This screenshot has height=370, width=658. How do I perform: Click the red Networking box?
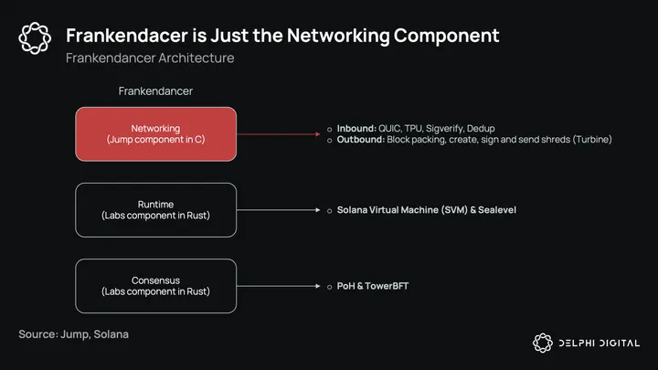coord(156,134)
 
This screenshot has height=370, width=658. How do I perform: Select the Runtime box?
coord(156,210)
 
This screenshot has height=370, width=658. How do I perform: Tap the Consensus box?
coord(156,286)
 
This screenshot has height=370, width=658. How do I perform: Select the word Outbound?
coord(361,140)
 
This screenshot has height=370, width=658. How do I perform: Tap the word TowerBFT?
coord(387,286)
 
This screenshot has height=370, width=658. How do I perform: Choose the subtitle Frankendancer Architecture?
coord(150,58)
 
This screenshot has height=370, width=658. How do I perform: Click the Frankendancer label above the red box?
coord(155,91)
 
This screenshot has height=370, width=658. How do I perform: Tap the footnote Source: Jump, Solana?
coord(73,334)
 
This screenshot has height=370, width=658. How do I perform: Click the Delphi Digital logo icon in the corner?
coord(544,343)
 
